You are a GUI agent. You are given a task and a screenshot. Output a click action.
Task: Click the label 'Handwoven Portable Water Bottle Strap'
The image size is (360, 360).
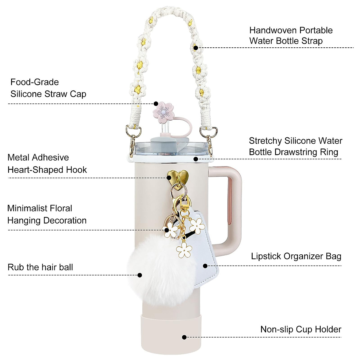click(x=291, y=35)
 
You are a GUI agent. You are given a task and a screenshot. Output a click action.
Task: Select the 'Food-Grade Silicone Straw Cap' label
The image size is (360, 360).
click(x=48, y=88)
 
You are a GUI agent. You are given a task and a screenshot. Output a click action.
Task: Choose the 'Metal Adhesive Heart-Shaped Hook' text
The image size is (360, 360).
click(x=47, y=163)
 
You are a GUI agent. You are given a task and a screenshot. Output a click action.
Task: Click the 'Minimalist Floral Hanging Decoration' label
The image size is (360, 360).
click(x=47, y=214)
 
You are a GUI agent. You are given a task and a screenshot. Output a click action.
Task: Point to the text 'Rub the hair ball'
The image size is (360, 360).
click(x=40, y=267)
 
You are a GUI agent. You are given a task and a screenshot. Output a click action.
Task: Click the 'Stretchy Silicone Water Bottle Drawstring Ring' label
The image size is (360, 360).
click(x=295, y=146)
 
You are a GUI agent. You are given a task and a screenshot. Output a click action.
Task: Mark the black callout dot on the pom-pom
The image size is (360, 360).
click(x=139, y=275)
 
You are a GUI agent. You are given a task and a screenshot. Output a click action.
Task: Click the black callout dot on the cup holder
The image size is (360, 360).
click(x=184, y=337)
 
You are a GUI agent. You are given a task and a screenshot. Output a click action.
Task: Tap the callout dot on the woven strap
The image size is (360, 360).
click(x=196, y=47)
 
